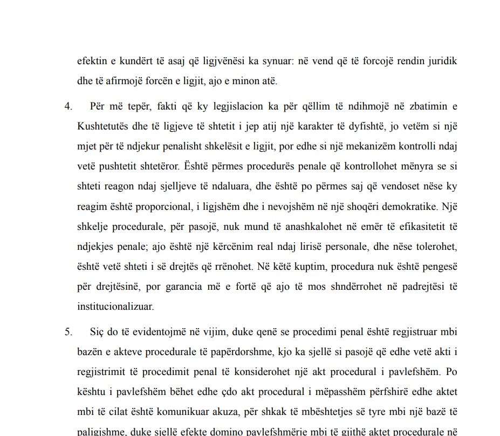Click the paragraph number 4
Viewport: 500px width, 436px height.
click(68, 106)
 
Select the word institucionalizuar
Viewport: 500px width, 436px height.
click(115, 307)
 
